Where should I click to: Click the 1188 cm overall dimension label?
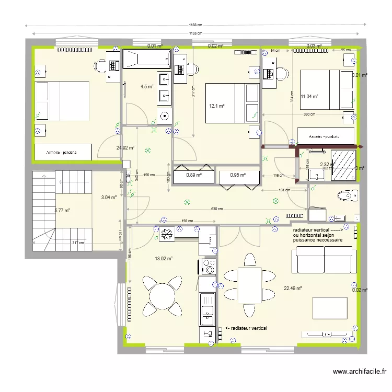195,25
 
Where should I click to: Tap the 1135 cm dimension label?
195,33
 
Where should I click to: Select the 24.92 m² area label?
125,148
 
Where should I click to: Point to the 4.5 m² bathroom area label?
146,87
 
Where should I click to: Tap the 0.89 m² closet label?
193,175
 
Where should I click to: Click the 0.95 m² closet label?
237,175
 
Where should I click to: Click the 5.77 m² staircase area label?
62,211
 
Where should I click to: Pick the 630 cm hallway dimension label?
217,210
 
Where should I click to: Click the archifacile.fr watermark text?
360,372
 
